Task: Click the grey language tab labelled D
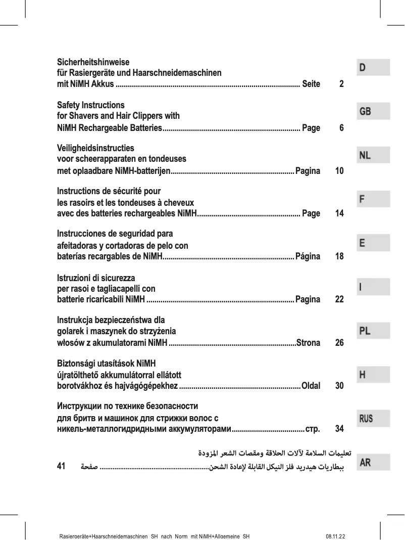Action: point(374,67)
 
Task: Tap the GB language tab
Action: point(374,111)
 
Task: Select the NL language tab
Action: point(374,155)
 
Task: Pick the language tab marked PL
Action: point(374,331)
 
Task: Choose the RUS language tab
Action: point(374,418)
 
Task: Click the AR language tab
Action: point(374,462)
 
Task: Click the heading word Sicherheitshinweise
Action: point(93,63)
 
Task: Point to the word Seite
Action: point(311,84)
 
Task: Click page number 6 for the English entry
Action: point(342,128)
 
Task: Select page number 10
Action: point(339,171)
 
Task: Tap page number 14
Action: point(339,213)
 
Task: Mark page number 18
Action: point(339,256)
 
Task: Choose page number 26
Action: point(339,343)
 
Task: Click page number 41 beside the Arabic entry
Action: point(62,466)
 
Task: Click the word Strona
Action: point(308,343)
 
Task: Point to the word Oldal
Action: point(311,386)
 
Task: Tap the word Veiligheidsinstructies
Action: point(95,149)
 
